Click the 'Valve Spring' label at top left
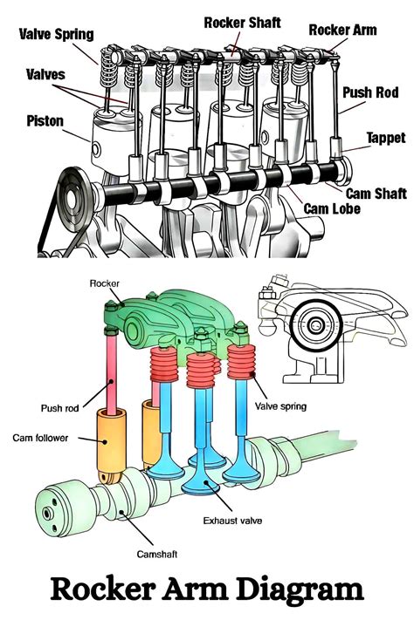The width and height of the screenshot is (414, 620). coord(56,34)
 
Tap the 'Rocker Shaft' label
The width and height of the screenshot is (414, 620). coord(242,23)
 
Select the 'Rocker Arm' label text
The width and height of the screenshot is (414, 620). coord(342,30)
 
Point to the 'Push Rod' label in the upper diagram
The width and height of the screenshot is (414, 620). coord(370,92)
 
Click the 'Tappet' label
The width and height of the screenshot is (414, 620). coord(386,138)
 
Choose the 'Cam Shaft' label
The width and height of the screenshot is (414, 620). coord(376,194)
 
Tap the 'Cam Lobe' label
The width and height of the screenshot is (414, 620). coord(332,208)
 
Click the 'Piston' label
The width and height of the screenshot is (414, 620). coord(45,120)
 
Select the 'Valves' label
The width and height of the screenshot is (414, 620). coord(45,74)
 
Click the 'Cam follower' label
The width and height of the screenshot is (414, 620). coord(40,438)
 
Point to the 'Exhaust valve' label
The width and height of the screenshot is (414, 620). coord(232,521)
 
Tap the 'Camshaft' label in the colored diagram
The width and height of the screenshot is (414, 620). coord(157,554)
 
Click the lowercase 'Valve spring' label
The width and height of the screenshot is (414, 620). coord(280,406)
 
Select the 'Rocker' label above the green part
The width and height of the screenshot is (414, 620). coord(104,283)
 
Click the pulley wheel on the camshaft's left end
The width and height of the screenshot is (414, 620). coord(74,200)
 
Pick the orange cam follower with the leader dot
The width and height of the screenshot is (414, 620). coord(112,446)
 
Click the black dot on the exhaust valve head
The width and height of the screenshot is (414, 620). coord(205,482)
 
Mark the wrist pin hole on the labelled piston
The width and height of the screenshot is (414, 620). coord(96,149)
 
